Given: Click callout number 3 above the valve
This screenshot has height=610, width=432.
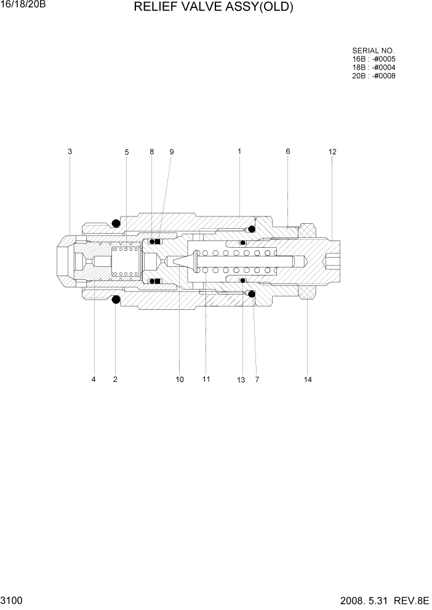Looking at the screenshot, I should [x=70, y=151].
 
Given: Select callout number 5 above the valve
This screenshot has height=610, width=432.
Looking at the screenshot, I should [x=127, y=152].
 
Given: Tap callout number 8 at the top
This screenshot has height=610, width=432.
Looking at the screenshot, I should [x=151, y=152].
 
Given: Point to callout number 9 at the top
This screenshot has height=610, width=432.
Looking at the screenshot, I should [x=172, y=152].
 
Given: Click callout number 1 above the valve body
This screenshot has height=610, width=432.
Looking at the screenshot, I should [x=239, y=151].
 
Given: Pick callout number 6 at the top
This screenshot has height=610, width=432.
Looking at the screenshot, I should [x=287, y=151].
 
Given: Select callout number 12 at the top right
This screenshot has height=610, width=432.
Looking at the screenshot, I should [x=332, y=151].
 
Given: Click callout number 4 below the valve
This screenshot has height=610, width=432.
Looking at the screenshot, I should [x=94, y=379].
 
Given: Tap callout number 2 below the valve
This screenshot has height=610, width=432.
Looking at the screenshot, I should [x=115, y=379].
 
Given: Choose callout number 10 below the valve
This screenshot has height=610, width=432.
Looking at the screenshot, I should [x=180, y=379].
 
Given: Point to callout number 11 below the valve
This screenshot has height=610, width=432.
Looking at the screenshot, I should [x=206, y=379].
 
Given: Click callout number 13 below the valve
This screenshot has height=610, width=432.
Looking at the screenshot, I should [x=241, y=380].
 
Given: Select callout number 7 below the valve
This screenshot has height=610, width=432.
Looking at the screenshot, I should [x=257, y=379].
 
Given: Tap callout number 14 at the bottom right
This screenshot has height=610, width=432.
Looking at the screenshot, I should [x=308, y=379].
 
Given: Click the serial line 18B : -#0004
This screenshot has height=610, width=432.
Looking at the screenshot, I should [x=374, y=68].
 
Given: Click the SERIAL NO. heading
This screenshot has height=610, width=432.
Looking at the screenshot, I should [x=373, y=50].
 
